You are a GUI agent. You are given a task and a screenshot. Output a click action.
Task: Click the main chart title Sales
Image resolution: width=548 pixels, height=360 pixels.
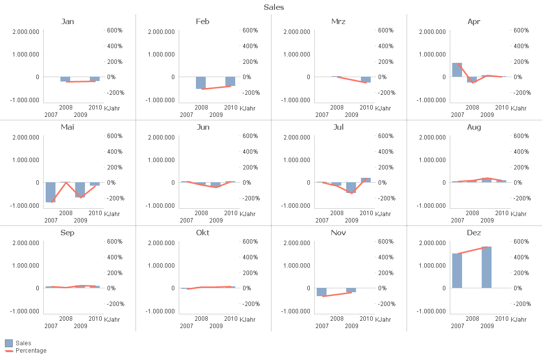274,7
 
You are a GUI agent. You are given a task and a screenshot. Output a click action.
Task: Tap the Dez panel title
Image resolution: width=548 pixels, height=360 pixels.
474,232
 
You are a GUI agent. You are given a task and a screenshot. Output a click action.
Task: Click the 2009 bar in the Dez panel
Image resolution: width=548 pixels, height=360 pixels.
486,267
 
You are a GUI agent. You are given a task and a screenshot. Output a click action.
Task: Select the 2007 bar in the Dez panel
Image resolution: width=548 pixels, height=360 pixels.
457,271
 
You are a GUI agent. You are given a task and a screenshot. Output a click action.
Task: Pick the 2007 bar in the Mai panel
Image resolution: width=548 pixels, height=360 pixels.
51,192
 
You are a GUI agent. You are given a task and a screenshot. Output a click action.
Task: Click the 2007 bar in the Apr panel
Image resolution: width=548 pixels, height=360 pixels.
457,70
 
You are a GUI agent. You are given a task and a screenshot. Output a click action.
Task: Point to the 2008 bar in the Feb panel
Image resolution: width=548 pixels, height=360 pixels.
201,83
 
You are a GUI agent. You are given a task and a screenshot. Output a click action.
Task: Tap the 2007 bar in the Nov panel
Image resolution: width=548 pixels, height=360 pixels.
322,292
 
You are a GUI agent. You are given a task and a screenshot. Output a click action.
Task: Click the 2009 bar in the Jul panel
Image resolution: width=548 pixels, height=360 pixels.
351,188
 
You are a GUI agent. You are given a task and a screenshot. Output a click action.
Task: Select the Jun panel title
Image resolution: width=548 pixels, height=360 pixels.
203,127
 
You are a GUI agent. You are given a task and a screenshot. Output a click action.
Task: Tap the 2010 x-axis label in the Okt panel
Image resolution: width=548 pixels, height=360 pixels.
230,318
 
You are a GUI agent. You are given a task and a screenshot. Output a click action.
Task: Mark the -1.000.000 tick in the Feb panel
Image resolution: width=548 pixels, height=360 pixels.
161,100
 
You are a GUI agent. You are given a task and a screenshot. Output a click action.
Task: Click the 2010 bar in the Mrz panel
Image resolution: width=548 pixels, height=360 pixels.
366,80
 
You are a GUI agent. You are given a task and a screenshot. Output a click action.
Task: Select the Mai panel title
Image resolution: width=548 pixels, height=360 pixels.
67,127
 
